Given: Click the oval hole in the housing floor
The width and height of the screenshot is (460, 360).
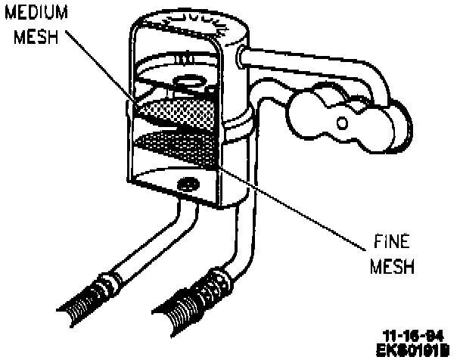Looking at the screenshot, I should [187, 184].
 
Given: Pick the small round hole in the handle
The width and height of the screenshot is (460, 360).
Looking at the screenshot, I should [342, 122].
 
